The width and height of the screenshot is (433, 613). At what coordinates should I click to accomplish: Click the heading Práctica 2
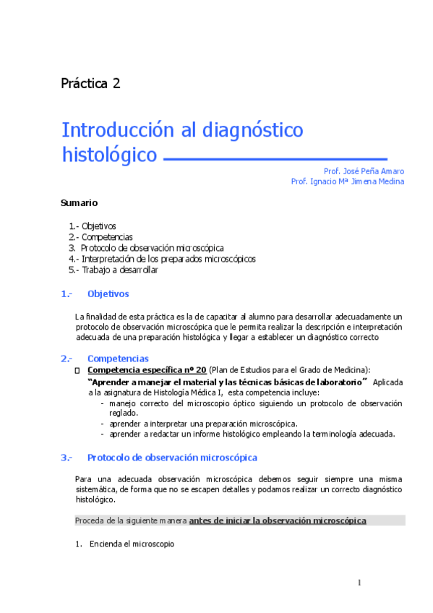click(90, 83)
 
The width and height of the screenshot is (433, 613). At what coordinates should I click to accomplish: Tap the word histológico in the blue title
click(109, 155)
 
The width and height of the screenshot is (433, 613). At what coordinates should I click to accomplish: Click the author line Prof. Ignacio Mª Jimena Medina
click(347, 182)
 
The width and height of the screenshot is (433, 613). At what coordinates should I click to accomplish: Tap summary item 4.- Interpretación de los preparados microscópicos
click(162, 259)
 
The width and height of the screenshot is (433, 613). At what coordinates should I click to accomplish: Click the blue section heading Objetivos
click(108, 294)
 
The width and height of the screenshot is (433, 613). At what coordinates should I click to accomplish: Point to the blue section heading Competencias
click(118, 359)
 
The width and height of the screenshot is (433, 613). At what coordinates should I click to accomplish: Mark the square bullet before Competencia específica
click(77, 370)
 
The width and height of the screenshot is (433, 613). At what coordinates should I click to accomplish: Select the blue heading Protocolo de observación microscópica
click(172, 458)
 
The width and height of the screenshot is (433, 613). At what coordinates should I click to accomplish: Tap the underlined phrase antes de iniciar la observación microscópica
click(278, 520)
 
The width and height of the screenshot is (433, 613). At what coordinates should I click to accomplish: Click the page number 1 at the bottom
click(359, 583)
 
